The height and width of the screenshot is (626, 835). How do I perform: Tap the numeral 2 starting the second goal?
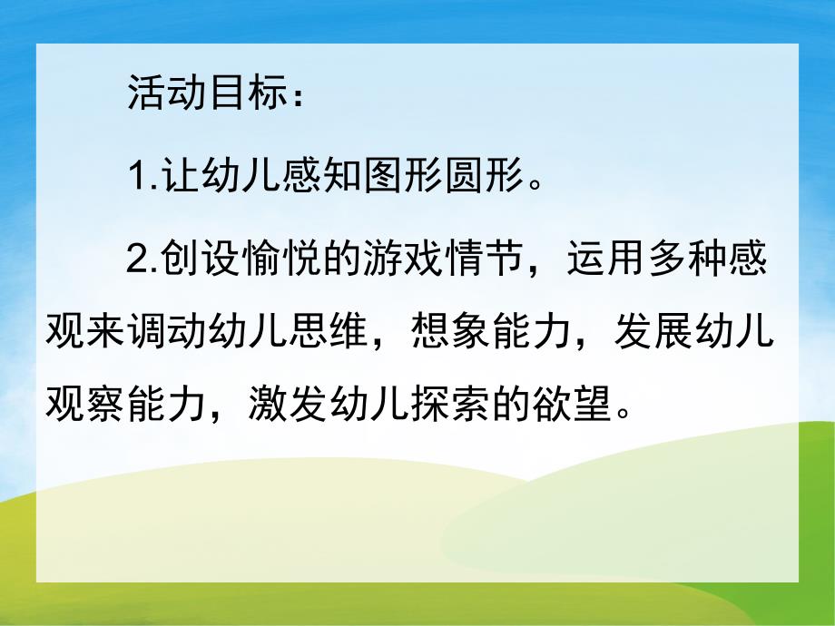[137, 262]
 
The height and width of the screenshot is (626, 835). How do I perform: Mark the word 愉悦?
[271, 262]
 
